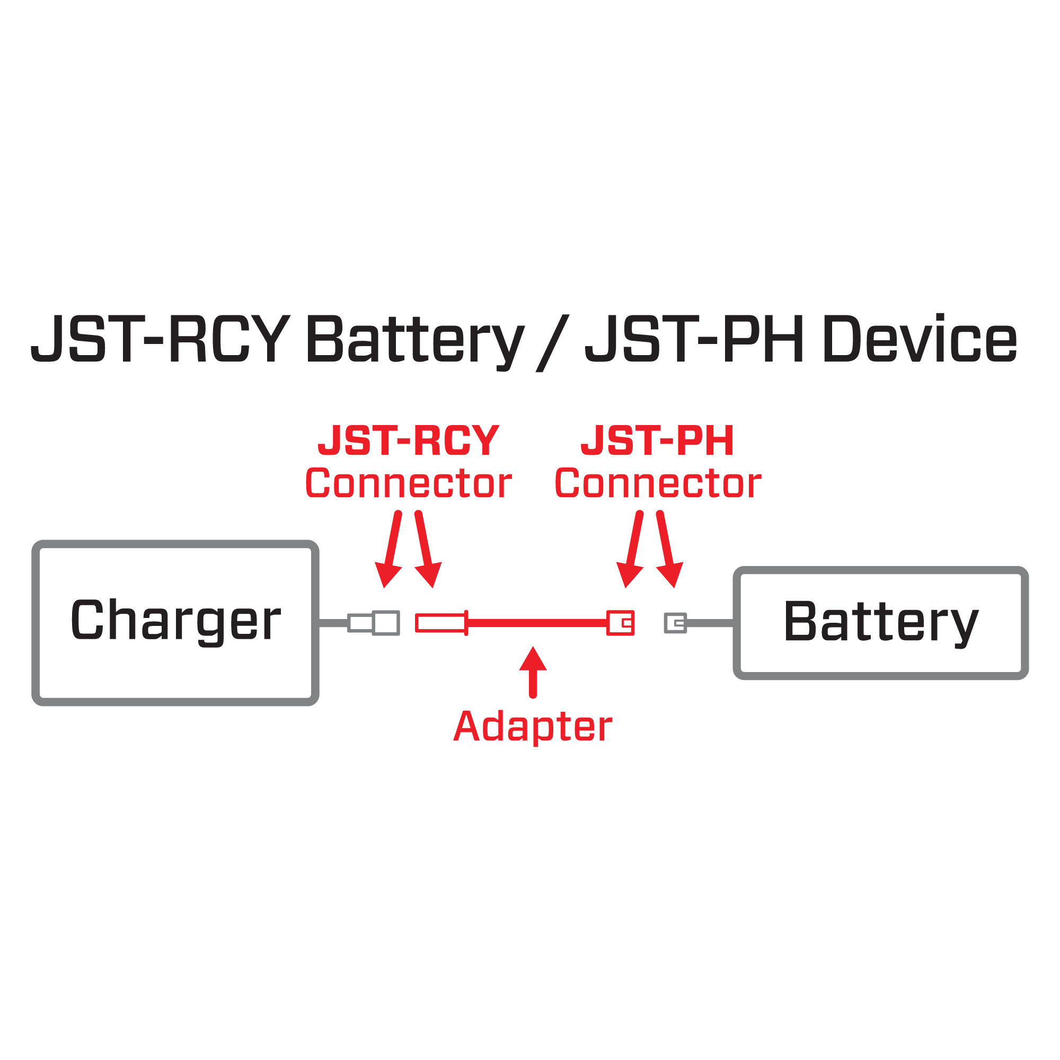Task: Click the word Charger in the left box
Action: pos(175,621)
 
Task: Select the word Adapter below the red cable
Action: pos(532,727)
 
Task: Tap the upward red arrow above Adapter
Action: pos(533,672)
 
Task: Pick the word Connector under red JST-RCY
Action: pos(408,483)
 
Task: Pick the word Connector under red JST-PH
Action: pos(658,483)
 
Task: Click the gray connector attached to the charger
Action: pos(374,623)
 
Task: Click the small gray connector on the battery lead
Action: pos(675,623)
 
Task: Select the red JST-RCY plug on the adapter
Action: pos(441,623)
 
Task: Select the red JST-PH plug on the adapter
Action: pos(621,623)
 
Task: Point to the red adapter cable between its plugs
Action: pos(536,623)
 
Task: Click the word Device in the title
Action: pos(920,339)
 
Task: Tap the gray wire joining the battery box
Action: pos(710,623)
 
